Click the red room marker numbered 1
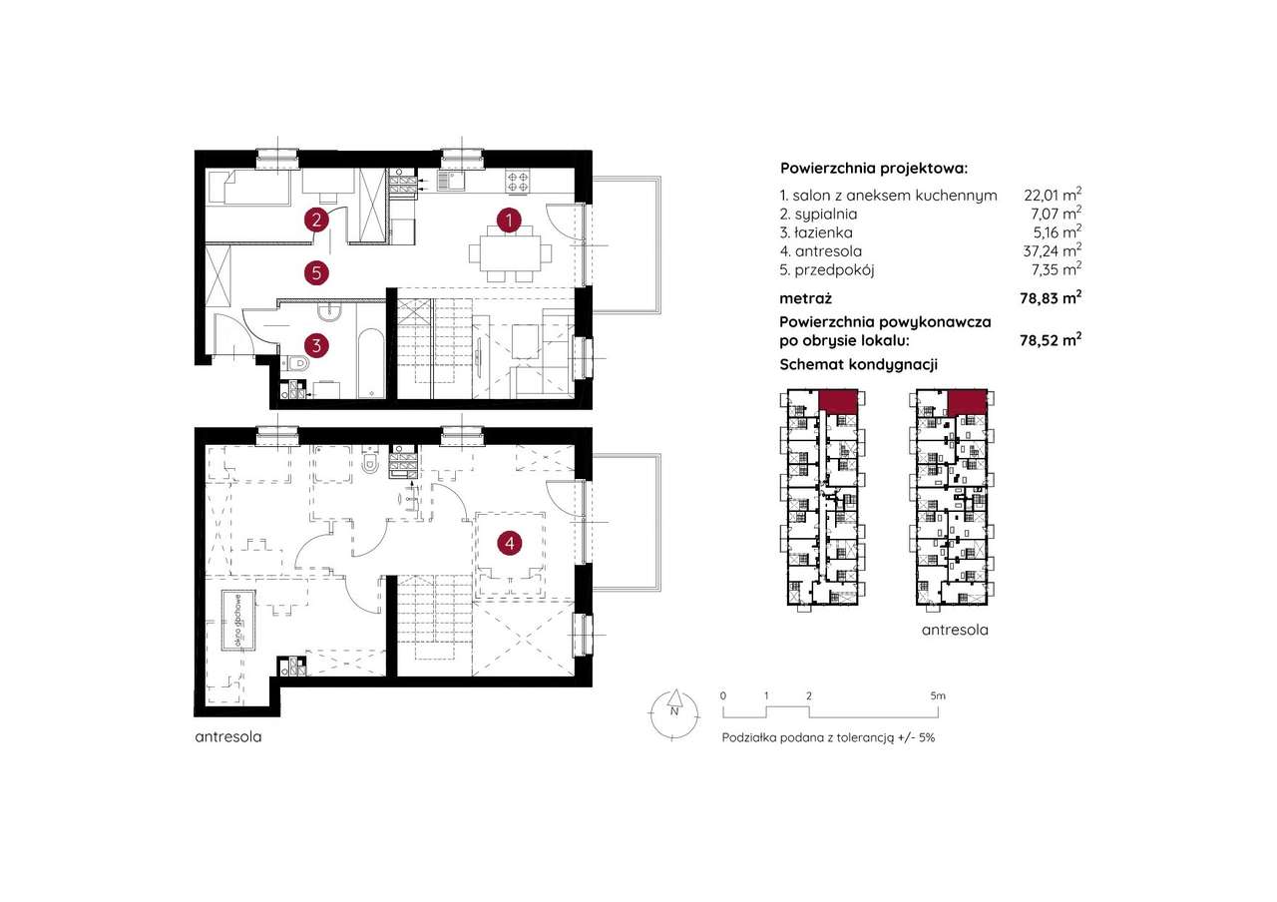click(509, 220)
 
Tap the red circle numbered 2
click(316, 220)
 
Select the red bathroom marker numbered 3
click(316, 345)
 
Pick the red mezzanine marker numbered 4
click(509, 543)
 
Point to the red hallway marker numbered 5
click(316, 272)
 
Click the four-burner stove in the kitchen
click(518, 182)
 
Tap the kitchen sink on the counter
click(451, 181)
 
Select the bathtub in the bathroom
click(371, 362)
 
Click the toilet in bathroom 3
click(295, 362)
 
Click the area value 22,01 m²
click(1053, 195)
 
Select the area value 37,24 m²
click(1053, 250)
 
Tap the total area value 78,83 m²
click(1051, 298)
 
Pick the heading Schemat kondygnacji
click(859, 365)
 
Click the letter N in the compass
click(674, 711)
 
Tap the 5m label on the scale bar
click(938, 695)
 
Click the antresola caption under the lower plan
click(228, 736)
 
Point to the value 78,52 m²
click(1051, 340)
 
